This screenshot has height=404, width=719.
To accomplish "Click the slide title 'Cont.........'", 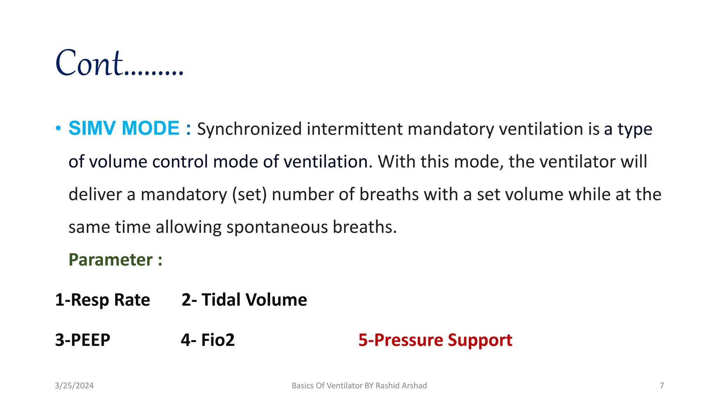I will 119,63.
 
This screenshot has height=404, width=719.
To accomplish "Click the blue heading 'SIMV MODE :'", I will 130,128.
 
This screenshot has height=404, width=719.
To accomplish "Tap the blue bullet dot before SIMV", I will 58,128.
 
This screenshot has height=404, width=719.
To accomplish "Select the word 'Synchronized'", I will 249,129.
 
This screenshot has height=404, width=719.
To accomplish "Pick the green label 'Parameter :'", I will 115,260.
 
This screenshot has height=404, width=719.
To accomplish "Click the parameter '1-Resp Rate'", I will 103,300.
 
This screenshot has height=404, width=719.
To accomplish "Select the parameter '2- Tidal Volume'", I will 244,300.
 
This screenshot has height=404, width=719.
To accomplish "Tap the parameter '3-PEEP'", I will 83,340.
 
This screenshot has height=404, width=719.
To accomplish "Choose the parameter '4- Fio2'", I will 207,340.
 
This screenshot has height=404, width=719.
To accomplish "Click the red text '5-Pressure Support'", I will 435,340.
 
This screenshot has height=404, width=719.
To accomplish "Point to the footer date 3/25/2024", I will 74,386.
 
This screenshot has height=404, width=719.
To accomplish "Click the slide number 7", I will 661,386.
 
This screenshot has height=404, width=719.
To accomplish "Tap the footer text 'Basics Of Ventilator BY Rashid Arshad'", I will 359,386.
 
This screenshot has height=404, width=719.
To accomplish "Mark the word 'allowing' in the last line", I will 189,228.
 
